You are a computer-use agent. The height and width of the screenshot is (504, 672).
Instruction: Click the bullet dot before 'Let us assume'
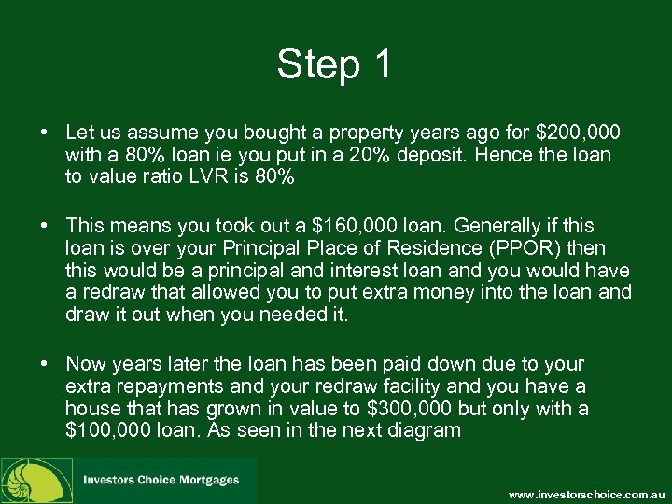(x=46, y=133)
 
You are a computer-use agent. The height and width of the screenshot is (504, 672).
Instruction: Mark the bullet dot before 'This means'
(x=46, y=226)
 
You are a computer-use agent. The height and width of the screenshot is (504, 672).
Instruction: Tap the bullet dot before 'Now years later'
(x=46, y=365)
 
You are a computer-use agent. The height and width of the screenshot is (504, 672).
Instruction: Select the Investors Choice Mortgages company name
(x=161, y=480)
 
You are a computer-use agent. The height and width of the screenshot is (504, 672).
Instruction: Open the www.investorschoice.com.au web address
(x=585, y=493)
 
